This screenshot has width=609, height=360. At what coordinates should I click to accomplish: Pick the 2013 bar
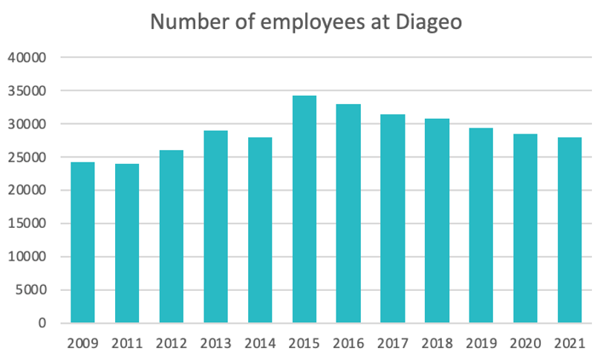pyautogui.click(x=215, y=227)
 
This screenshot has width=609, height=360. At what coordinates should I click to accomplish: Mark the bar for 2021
pyautogui.click(x=570, y=230)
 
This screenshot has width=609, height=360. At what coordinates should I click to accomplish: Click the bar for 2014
pyautogui.click(x=260, y=230)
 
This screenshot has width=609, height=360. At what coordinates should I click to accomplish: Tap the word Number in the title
pyautogui.click(x=183, y=22)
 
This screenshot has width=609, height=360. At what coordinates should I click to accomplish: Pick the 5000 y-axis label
pyautogui.click(x=33, y=290)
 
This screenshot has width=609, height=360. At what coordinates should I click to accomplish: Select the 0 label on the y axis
pyautogui.click(x=43, y=324)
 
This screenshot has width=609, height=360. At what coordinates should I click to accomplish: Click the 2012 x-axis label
pyautogui.click(x=172, y=344)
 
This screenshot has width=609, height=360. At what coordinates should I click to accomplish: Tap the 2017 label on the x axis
pyautogui.click(x=393, y=344)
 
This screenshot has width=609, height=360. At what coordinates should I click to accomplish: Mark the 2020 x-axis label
pyautogui.click(x=526, y=344)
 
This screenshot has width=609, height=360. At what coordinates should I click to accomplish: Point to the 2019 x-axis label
pyautogui.click(x=481, y=344)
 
